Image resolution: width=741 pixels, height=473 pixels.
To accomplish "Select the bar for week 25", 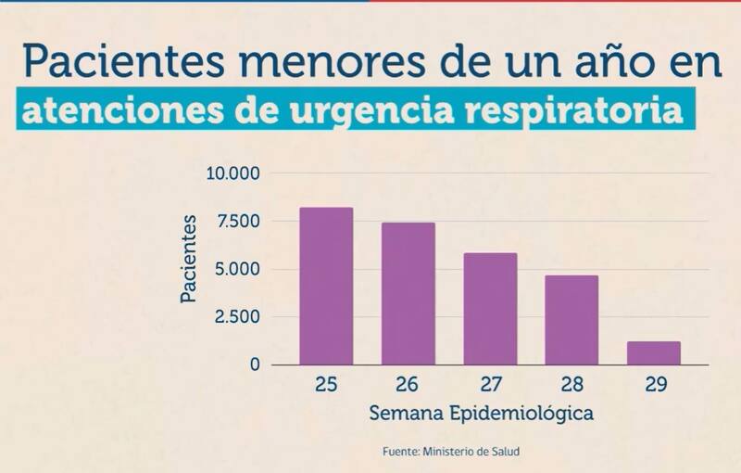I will [326, 286].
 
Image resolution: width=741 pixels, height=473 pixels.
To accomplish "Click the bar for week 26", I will [408, 293].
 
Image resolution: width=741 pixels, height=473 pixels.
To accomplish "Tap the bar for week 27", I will [490, 309].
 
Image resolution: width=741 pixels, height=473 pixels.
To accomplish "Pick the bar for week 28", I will [571, 320].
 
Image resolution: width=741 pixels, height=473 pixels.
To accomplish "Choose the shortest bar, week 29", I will [653, 353].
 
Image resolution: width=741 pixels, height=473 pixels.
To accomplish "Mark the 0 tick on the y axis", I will [255, 365].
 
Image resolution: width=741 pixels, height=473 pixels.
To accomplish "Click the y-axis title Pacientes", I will [189, 259].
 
